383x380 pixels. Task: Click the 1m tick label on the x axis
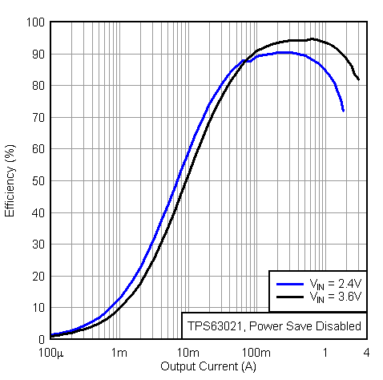[x=119, y=353]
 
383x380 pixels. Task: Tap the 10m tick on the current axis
[x=187, y=353]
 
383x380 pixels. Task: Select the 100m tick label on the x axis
[x=256, y=353]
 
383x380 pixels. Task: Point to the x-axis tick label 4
[x=365, y=353]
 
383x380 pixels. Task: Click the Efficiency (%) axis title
[x=10, y=180]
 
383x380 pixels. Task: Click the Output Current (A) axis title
[x=208, y=366]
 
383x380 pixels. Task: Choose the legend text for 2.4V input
[x=335, y=283]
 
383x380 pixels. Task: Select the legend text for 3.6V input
[x=335, y=297]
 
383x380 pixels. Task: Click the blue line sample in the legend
[x=288, y=283]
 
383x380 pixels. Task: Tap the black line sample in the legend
[x=288, y=297]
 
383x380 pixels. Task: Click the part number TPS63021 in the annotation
[x=215, y=326]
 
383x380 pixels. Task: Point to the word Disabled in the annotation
[x=338, y=326]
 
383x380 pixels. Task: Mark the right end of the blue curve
[x=344, y=111]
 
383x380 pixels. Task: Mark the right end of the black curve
[x=359, y=79]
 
